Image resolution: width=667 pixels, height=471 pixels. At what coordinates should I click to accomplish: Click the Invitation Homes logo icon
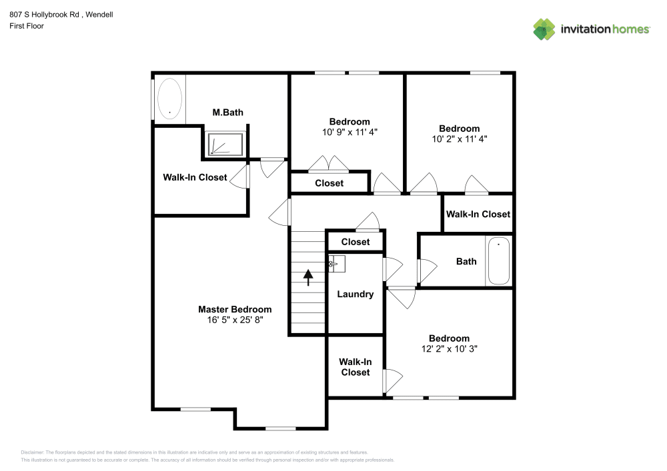pyautogui.click(x=544, y=29)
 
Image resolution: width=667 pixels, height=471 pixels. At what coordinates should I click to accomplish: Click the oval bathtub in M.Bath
pyautogui.click(x=169, y=99)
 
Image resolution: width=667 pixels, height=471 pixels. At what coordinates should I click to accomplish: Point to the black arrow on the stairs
pyautogui.click(x=308, y=276)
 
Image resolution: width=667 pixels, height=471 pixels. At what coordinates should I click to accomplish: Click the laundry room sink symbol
pyautogui.click(x=336, y=264)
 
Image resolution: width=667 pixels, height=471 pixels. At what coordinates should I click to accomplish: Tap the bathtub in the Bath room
pyautogui.click(x=499, y=262)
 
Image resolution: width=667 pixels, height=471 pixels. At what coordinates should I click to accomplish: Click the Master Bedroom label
pyautogui.click(x=235, y=309)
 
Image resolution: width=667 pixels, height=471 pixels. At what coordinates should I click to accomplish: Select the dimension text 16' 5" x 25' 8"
pyautogui.click(x=235, y=319)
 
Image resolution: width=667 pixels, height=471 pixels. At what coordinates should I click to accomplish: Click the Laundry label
pyautogui.click(x=355, y=294)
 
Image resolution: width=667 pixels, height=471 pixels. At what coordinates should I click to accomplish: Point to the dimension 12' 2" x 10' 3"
pyautogui.click(x=449, y=348)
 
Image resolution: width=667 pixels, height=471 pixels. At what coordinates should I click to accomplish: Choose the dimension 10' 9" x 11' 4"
pyautogui.click(x=350, y=132)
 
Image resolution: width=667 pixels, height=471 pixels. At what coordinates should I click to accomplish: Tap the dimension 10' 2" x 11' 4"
pyautogui.click(x=459, y=139)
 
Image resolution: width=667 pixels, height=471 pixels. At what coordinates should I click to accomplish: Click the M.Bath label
pyautogui.click(x=227, y=113)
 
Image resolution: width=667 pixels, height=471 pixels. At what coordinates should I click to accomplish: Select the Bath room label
pyautogui.click(x=466, y=261)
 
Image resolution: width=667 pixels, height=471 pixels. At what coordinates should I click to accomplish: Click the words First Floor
pyautogui.click(x=27, y=26)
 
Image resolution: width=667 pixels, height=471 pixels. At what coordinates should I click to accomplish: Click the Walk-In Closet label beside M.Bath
pyautogui.click(x=195, y=178)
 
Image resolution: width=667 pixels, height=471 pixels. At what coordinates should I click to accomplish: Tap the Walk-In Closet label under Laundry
pyautogui.click(x=355, y=367)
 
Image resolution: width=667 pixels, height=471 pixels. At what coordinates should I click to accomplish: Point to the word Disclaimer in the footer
pyautogui.click(x=33, y=452)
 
